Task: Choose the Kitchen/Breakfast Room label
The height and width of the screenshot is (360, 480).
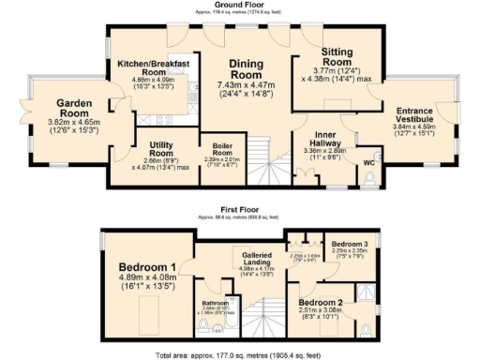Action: [x=154, y=67]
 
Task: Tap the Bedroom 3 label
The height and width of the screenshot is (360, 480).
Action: [x=351, y=242]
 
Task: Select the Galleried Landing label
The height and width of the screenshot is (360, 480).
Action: [x=256, y=257]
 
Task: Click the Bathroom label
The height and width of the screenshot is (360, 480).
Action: [x=217, y=303]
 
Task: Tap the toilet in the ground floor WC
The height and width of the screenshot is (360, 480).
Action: [x=373, y=177]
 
